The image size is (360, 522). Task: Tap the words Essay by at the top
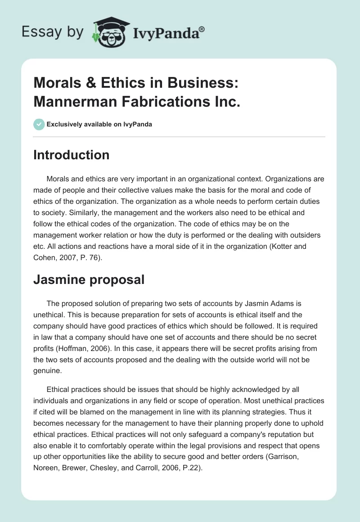52,32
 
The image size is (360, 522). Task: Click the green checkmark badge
39,124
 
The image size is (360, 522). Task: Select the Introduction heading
72,155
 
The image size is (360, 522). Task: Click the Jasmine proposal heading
89,279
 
